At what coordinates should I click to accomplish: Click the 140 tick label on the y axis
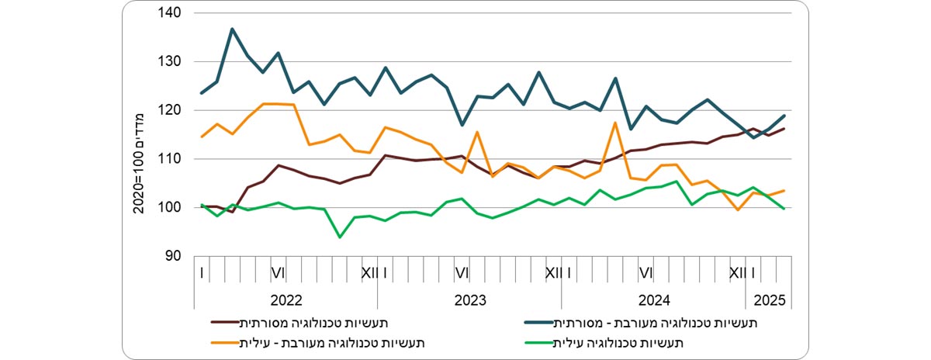point(169,13)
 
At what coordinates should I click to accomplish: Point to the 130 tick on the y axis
point(169,62)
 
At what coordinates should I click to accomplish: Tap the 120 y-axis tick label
point(169,110)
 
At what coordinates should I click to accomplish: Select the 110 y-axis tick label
point(169,159)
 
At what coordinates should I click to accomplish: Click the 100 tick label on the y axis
point(169,208)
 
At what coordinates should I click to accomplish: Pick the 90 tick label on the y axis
point(172,256)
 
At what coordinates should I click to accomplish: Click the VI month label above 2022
point(279,273)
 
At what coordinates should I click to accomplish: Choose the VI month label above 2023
point(462,273)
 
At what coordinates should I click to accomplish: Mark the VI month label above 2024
point(645,273)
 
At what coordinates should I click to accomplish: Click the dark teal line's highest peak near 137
point(232,29)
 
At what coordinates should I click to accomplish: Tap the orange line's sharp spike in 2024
point(615,123)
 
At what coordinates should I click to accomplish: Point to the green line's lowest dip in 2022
point(340,237)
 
